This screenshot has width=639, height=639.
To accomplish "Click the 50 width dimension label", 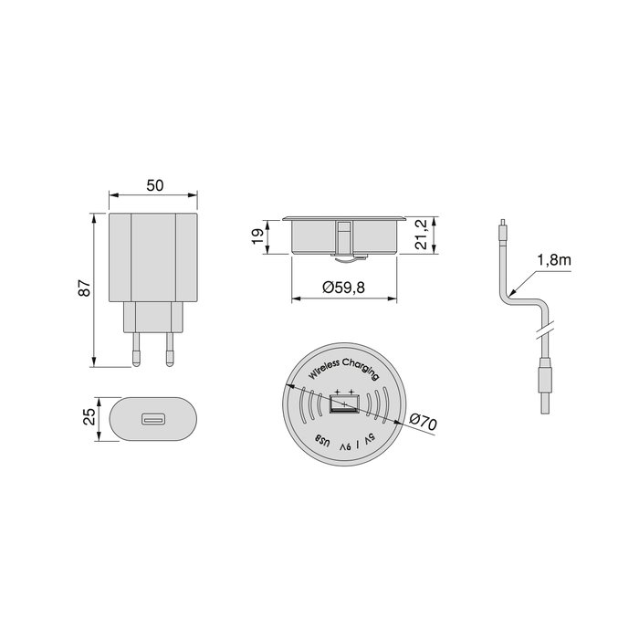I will (153, 185).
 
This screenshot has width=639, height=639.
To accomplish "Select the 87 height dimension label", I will (84, 288).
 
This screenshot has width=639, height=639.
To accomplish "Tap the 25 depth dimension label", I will (89, 418).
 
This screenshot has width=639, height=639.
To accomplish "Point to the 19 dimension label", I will (258, 236).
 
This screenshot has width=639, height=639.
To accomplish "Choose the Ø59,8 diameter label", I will (344, 288).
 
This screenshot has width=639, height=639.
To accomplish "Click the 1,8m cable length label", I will (553, 260).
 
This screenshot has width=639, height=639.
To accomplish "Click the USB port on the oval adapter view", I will (152, 421).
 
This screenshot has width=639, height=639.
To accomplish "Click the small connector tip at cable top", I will (501, 228).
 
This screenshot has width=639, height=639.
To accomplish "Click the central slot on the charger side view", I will (343, 236).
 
